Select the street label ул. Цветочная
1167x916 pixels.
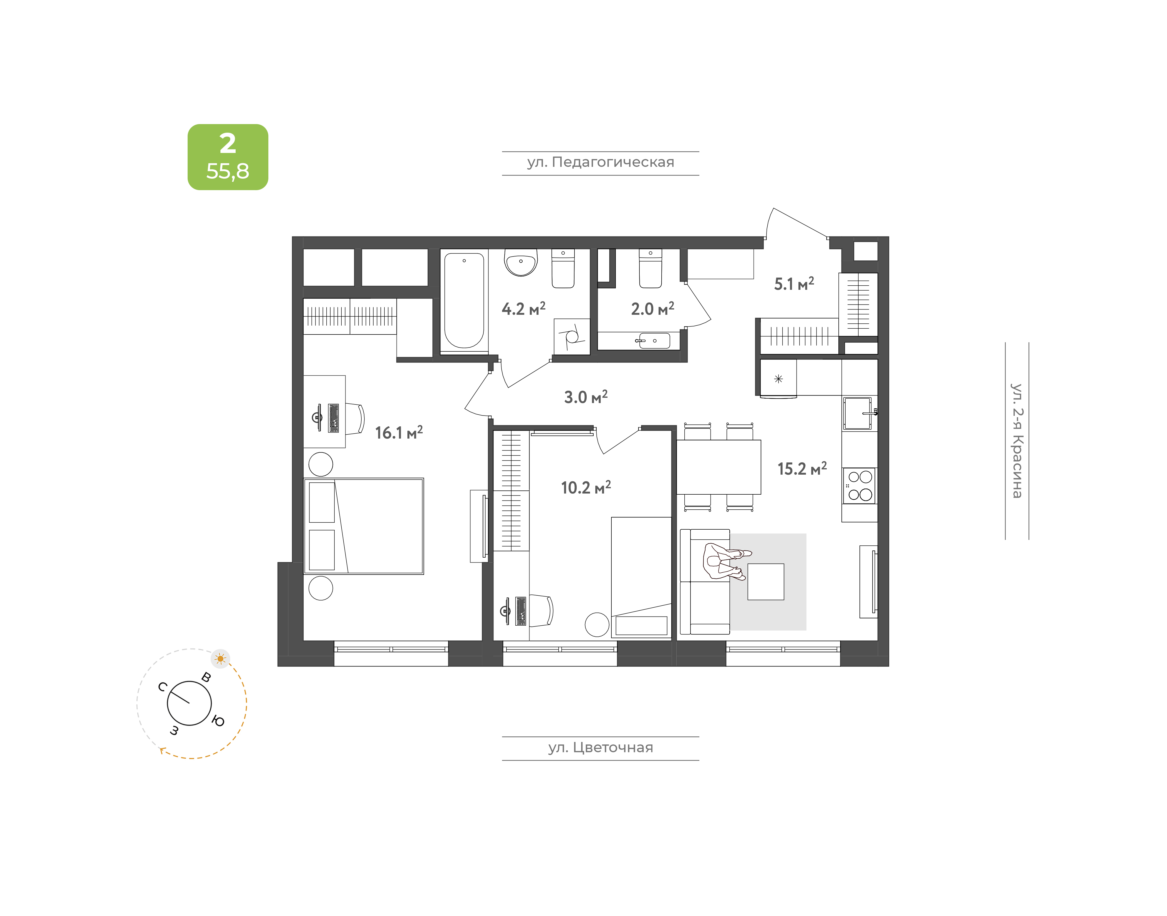pos(600,748)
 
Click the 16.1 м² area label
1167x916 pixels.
pos(399,432)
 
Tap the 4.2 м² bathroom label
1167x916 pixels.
pos(523,308)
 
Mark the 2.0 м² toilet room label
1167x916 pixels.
pos(652,308)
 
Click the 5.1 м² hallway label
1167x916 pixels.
pos(794,284)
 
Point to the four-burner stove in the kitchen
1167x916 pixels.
pos(860,486)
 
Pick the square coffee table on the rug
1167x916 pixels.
pos(765,581)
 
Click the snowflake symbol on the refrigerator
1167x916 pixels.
pos(778,379)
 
